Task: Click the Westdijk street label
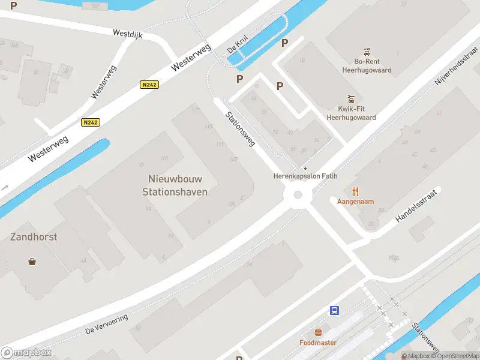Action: coord(127,34)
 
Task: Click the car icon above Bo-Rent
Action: coord(365,52)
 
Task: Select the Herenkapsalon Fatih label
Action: coord(305,176)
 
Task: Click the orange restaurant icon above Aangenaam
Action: coord(355,191)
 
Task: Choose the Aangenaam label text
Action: coord(355,202)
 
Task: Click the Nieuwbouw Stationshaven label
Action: coord(175,185)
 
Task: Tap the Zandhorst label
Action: coord(34,237)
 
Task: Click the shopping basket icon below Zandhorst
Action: coord(32,262)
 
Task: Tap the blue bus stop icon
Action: coord(334,310)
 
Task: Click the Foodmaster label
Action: coord(318,343)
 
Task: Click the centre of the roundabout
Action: coord(298,195)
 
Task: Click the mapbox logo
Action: coord(26,353)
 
